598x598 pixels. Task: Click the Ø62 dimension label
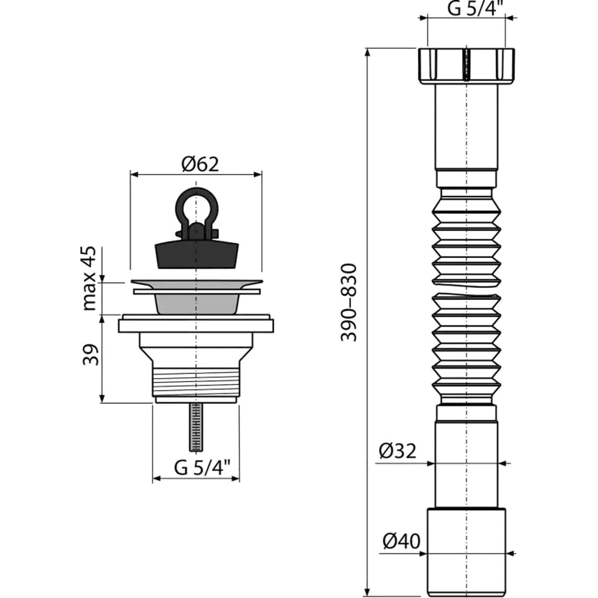pos(200,164)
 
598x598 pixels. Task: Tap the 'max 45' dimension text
pos(90,278)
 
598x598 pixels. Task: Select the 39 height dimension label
pos(90,354)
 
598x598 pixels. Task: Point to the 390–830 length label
pos(349,302)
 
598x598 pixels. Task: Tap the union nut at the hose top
pos(466,65)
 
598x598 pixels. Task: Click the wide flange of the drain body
pos(196,326)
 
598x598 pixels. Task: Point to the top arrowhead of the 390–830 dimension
pos(367,53)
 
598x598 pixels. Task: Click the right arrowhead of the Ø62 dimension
pos(258,175)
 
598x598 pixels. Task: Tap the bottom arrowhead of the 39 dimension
pos(103,398)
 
